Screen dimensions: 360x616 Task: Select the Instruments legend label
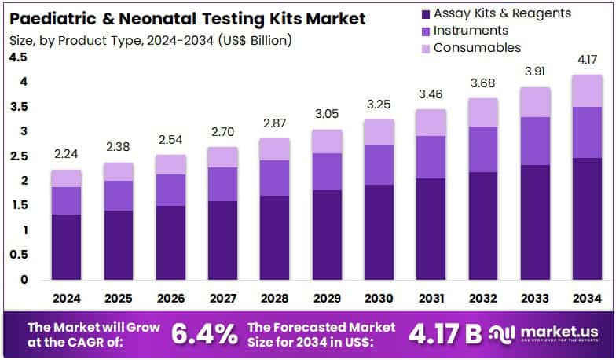471,31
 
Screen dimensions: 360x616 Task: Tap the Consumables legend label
477,48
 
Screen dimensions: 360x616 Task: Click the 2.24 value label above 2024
67,155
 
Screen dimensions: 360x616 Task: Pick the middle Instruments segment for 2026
170,190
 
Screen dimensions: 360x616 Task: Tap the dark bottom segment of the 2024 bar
67,247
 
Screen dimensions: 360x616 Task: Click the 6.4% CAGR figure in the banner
204,334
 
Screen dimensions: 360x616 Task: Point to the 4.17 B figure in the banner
445,334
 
